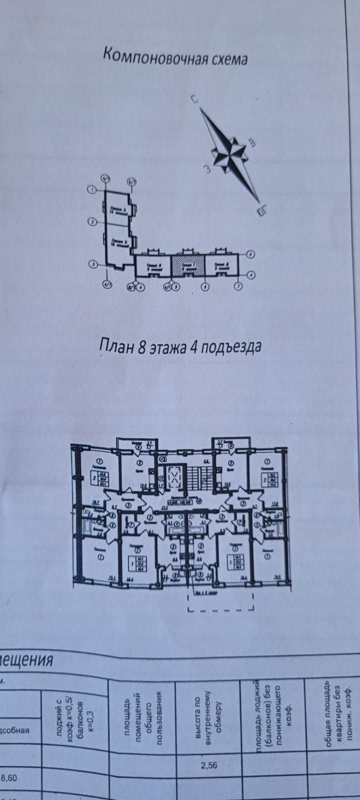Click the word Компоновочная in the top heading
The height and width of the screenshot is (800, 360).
point(149,56)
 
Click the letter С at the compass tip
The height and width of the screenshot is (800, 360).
point(195,99)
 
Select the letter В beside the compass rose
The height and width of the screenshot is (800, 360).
point(252,143)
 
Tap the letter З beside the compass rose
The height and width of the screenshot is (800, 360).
point(205,169)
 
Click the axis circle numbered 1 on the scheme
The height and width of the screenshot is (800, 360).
point(91,189)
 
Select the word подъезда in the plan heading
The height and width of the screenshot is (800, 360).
point(234,347)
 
